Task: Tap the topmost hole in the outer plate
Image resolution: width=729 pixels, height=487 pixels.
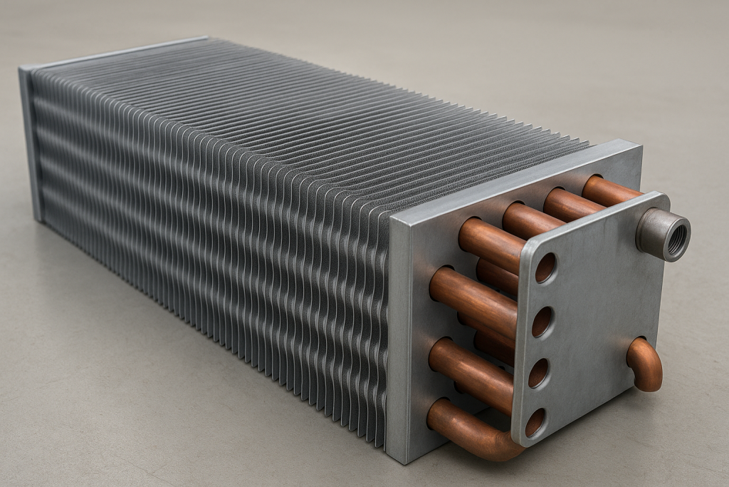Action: pyautogui.click(x=545, y=267)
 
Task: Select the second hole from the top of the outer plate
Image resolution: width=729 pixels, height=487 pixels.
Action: pyautogui.click(x=542, y=322)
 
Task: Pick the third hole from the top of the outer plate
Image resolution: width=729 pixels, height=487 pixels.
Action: pyautogui.click(x=539, y=373)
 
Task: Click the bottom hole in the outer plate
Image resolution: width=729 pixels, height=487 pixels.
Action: pyautogui.click(x=535, y=422)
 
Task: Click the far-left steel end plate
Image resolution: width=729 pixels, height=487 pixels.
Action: pyautogui.click(x=31, y=143)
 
